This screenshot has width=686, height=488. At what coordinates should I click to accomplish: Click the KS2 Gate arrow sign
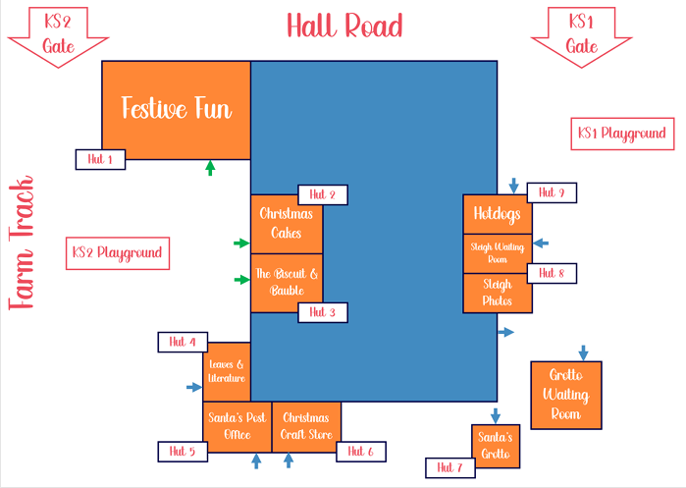coord(58,36)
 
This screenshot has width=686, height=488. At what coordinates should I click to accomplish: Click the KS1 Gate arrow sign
coord(581,36)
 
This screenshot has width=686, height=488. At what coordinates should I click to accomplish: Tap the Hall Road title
coord(344,26)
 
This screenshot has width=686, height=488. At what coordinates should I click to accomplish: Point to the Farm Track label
coord(21,243)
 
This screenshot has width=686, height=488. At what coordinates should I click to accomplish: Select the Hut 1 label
coord(101,159)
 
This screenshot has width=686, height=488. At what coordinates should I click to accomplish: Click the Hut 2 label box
coord(323,194)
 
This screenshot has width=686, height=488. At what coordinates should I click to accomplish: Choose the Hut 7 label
coord(450,467)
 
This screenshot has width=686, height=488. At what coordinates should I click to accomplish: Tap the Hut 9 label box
coord(552,192)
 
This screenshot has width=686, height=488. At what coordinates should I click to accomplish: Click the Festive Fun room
coord(177,110)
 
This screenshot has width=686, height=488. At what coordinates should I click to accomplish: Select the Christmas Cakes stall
coord(287,224)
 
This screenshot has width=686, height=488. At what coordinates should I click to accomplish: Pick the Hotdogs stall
coord(498,214)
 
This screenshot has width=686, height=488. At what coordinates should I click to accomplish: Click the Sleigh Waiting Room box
coord(498,253)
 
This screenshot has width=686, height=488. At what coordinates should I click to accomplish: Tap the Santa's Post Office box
coord(237,427)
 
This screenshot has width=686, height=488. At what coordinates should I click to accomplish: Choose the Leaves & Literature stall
coord(227,372)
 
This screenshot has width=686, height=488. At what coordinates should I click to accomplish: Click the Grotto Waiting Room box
coord(566,396)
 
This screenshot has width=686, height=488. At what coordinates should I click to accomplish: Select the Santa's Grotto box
coord(496,446)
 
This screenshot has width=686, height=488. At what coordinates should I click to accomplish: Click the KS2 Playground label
coord(118,253)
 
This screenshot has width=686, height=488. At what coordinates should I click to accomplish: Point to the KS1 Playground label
coord(622,134)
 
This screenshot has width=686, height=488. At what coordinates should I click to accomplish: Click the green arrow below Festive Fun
coord(210,168)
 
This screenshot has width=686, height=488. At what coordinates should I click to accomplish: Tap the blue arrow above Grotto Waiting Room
coord(583,352)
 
